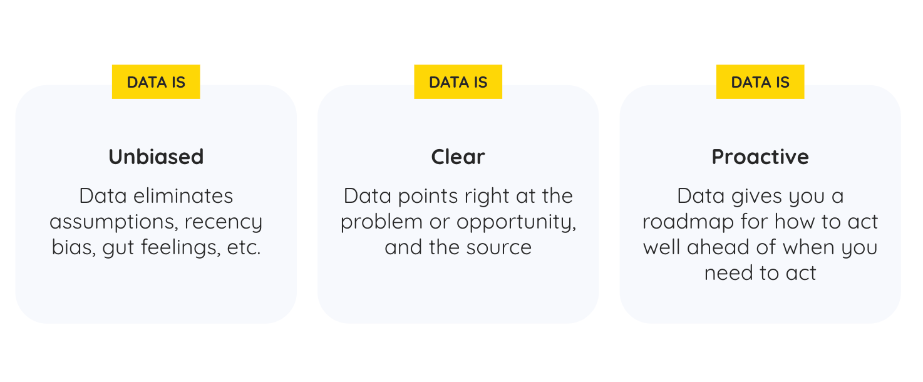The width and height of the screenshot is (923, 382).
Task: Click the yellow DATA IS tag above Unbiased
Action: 156,81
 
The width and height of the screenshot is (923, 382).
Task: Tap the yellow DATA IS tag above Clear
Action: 458,81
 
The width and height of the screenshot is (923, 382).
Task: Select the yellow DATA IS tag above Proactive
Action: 760,81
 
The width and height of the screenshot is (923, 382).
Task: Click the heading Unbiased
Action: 156,157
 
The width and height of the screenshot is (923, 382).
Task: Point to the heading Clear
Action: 458,157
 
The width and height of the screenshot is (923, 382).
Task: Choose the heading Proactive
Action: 760,157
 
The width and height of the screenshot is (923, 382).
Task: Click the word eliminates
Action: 183,196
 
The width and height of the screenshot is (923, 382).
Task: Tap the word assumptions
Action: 114,222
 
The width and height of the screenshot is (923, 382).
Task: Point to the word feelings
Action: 181,248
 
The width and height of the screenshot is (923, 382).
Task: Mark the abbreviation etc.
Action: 244,248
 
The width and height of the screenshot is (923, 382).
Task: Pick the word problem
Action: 381,222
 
